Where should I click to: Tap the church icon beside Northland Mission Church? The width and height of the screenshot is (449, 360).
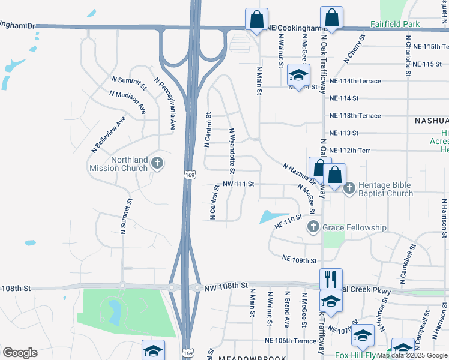(157, 163)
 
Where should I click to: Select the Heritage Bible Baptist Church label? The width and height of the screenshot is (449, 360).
(385, 189)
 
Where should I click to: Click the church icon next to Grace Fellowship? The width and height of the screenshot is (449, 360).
(313, 227)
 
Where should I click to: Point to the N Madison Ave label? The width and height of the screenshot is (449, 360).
(128, 102)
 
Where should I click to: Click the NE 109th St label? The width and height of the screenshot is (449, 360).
(299, 260)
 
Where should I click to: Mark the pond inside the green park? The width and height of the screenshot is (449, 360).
(114, 310)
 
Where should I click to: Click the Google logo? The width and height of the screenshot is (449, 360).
(20, 353)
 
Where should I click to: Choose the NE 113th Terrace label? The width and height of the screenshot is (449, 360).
(355, 115)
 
